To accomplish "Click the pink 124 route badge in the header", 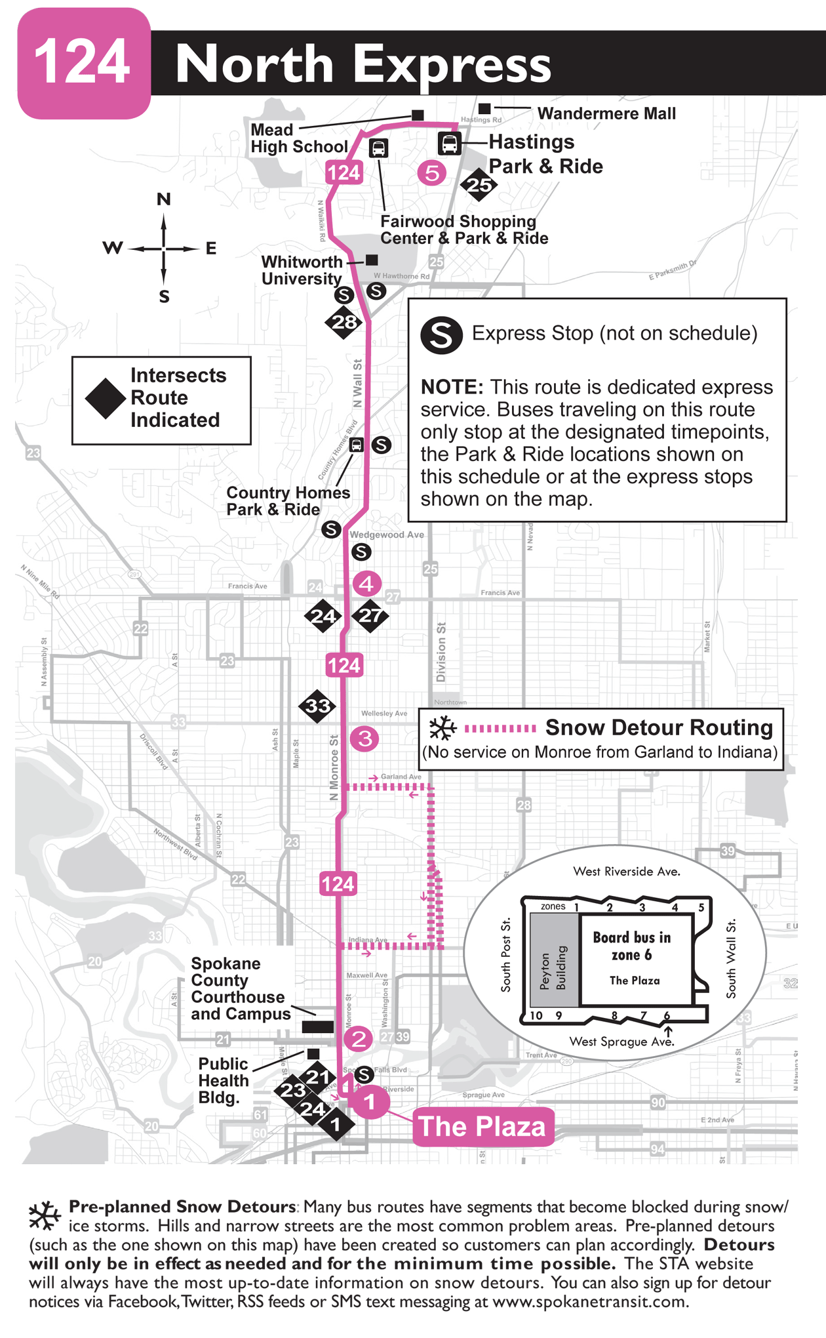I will click(83, 63).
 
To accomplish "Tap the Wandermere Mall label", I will click(606, 113).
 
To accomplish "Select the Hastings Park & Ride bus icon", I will click(449, 143).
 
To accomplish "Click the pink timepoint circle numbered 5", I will click(431, 173).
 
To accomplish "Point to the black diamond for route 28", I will click(344, 322).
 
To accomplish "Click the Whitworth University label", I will click(302, 270).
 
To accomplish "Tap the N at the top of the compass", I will click(164, 199).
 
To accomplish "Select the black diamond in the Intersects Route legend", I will click(105, 398).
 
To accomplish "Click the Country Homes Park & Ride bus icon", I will click(356, 445).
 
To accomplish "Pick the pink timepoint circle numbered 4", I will click(366, 583).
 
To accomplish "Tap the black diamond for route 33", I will click(317, 706).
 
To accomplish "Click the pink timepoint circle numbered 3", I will click(364, 739).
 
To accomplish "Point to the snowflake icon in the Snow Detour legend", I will click(442, 728).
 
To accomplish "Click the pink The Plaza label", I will click(482, 1126).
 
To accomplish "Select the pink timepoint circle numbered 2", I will click(359, 1038).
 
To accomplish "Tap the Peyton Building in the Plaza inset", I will click(554, 962).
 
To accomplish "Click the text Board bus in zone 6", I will click(632, 946).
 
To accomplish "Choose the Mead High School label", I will click(298, 138).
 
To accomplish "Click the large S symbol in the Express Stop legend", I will click(441, 335).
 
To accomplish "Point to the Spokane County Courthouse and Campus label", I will click(241, 988).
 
